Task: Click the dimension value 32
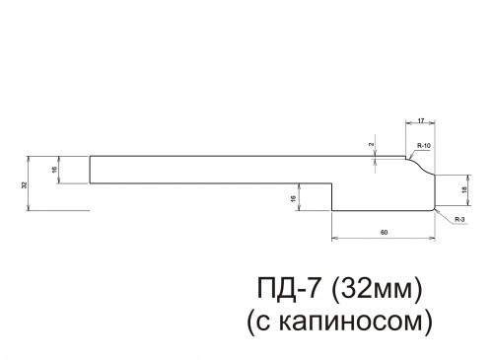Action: (23, 183)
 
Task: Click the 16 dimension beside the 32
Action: (53, 171)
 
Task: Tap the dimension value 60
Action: (383, 232)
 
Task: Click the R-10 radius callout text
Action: (423, 146)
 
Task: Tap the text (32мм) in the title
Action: (380, 289)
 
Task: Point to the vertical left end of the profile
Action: (91, 170)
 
